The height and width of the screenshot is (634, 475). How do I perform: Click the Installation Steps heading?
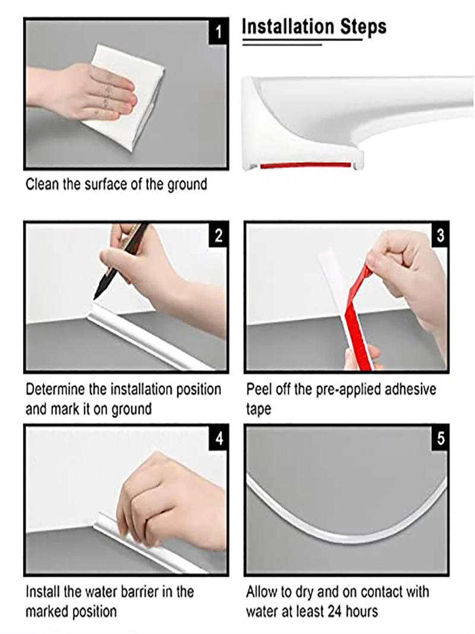(314, 27)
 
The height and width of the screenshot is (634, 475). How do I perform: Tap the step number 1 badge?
(218, 31)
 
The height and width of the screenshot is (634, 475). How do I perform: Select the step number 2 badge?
(218, 236)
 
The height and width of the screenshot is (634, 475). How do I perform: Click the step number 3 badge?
(439, 236)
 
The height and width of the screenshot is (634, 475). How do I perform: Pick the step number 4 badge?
(218, 439)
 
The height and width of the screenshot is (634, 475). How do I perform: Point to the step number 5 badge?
(439, 439)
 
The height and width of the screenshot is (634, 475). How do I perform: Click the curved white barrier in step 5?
(332, 529)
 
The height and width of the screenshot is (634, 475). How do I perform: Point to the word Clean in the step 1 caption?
(42, 184)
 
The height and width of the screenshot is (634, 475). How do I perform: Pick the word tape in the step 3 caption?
(258, 409)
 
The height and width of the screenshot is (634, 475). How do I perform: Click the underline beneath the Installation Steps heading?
(303, 41)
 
